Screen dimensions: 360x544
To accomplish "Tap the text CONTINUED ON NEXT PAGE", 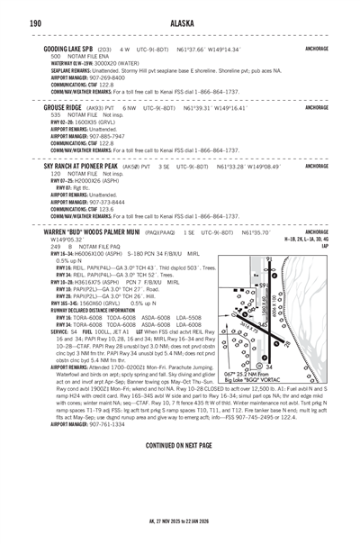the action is tap(180, 445).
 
